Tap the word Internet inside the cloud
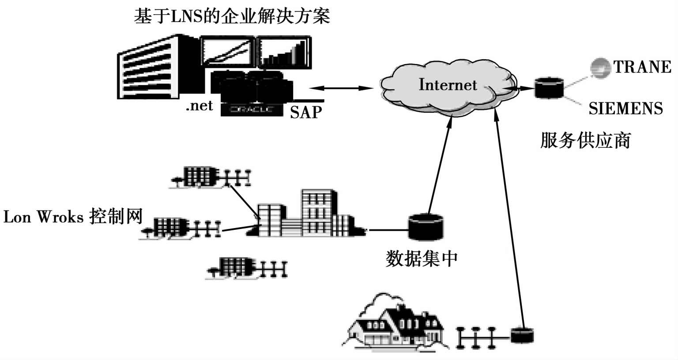coord(448,84)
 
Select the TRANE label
coord(642,67)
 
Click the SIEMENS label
coord(625,109)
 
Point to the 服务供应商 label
coord(585,140)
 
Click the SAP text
coord(306,112)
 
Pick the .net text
coord(199,106)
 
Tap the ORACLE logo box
coord(252,109)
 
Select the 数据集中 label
coord(422,259)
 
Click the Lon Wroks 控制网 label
coord(73,217)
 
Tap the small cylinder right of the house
coord(522,335)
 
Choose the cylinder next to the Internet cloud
coord(549,88)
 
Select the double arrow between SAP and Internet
coord(342,88)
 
